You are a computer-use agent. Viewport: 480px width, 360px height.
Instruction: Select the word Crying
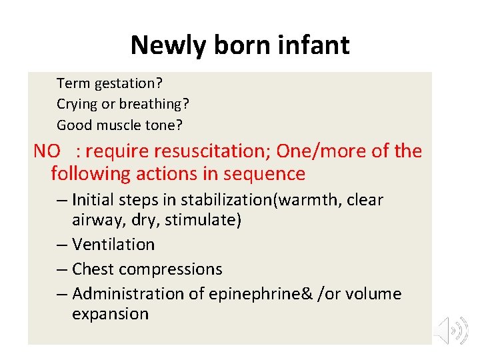(77, 105)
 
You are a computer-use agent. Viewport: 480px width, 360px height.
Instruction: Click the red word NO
(47, 151)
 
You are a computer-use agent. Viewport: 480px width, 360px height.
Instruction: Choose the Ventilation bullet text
(113, 245)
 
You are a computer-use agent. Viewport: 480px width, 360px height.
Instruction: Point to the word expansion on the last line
(110, 314)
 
